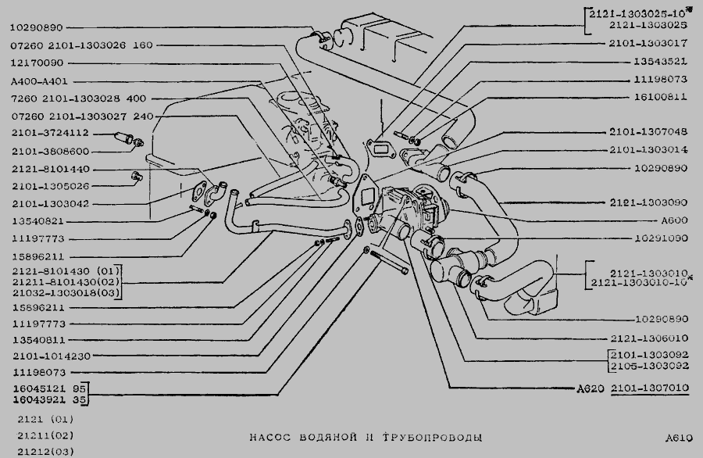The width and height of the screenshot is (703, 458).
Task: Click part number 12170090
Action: click(x=38, y=63)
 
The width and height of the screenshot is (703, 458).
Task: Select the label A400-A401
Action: click(x=37, y=81)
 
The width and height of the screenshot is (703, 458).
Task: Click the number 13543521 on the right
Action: click(x=660, y=60)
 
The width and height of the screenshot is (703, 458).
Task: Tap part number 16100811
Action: click(x=660, y=98)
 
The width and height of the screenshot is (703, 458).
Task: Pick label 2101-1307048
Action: click(x=648, y=131)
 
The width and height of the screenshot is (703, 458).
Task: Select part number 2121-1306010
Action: click(x=648, y=338)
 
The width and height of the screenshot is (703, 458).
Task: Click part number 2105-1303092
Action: click(x=651, y=365)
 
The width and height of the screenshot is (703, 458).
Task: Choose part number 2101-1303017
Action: click(x=648, y=43)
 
